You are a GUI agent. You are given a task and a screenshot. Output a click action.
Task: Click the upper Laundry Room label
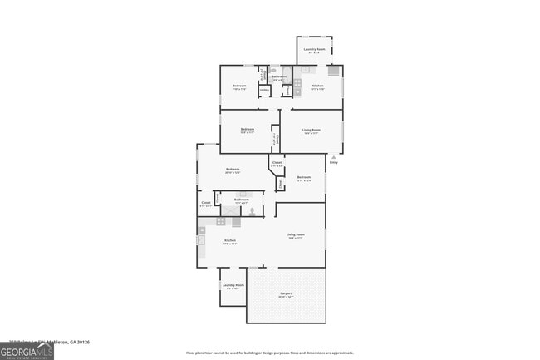314,50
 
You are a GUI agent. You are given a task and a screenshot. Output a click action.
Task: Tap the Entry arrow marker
334,156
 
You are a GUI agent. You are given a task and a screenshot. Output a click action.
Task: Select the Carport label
286,294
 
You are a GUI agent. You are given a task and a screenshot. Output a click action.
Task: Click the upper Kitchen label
317,86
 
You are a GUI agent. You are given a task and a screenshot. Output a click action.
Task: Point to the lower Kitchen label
229,242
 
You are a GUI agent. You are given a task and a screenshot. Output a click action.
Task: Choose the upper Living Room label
312,131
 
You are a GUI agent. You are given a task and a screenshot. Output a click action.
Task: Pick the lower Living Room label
296,236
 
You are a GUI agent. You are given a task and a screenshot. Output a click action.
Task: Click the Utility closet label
264,91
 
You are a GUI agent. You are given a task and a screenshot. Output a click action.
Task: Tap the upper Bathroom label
279,77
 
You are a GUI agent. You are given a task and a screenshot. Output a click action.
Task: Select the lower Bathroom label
242,200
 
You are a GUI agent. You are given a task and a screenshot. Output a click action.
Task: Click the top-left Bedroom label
239,86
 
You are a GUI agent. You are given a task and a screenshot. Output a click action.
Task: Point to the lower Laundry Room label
233,287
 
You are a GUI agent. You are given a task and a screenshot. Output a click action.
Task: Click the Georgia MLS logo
27,351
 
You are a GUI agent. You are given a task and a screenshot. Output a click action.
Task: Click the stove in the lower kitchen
222,221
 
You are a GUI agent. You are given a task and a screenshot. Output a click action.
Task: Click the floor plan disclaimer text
269,353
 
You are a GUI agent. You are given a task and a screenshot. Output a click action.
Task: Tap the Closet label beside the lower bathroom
206,203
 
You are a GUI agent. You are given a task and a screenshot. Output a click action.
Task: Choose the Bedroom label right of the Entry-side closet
304,178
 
